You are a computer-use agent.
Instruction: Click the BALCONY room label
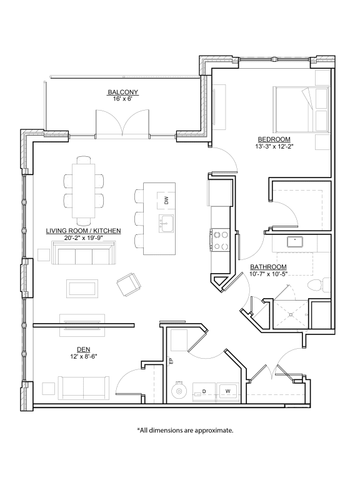click(x=122, y=92)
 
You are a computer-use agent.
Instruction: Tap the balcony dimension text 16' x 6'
click(x=122, y=100)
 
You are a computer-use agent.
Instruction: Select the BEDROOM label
click(x=273, y=138)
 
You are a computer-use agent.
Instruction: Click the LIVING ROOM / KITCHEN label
click(x=83, y=231)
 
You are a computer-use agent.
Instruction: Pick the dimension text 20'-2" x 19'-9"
click(x=83, y=238)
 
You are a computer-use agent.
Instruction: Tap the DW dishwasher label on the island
click(x=167, y=200)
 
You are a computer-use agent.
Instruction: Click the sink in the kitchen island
click(x=166, y=222)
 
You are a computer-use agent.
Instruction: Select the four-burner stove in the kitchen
click(x=221, y=241)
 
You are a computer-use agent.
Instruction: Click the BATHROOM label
click(x=269, y=267)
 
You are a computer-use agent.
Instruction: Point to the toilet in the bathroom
click(x=317, y=284)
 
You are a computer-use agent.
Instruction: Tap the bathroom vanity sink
click(x=293, y=241)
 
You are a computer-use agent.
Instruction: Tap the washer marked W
click(x=227, y=392)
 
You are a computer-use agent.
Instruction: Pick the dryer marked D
click(x=204, y=392)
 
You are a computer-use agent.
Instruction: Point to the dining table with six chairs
click(x=83, y=190)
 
